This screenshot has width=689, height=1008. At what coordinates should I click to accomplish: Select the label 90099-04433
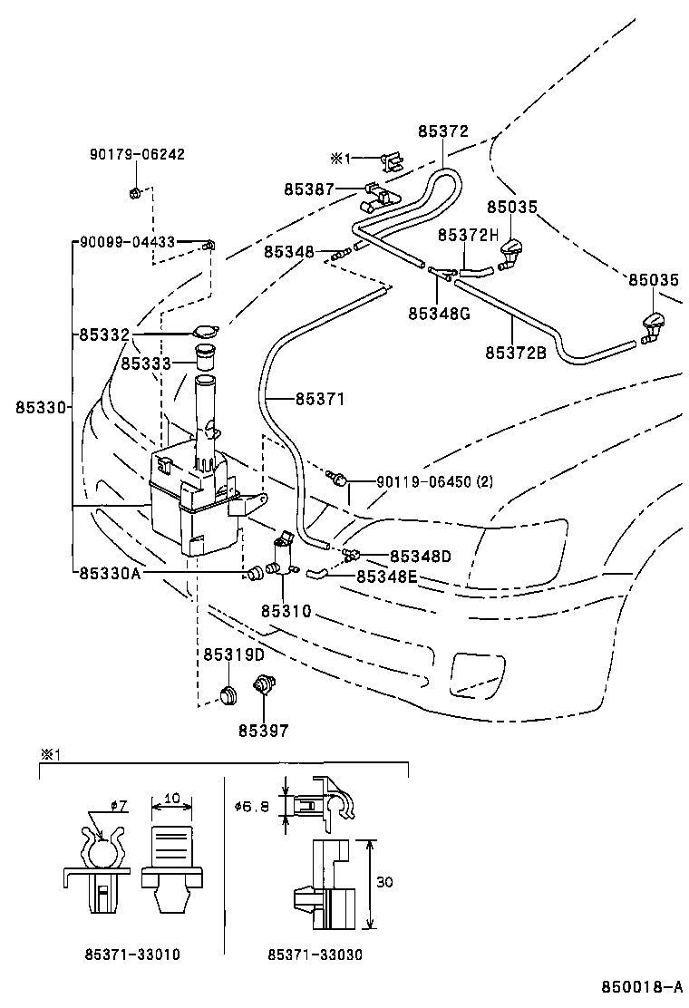127,243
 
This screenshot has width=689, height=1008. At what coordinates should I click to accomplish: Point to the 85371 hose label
319,398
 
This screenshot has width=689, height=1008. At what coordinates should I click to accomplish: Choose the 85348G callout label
439,313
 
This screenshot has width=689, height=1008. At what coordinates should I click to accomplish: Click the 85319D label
233,654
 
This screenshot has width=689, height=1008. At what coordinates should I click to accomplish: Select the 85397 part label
263,728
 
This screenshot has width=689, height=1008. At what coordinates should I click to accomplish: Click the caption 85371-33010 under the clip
132,955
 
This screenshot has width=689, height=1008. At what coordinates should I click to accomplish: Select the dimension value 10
172,800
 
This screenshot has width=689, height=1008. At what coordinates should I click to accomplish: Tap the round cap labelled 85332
207,334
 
